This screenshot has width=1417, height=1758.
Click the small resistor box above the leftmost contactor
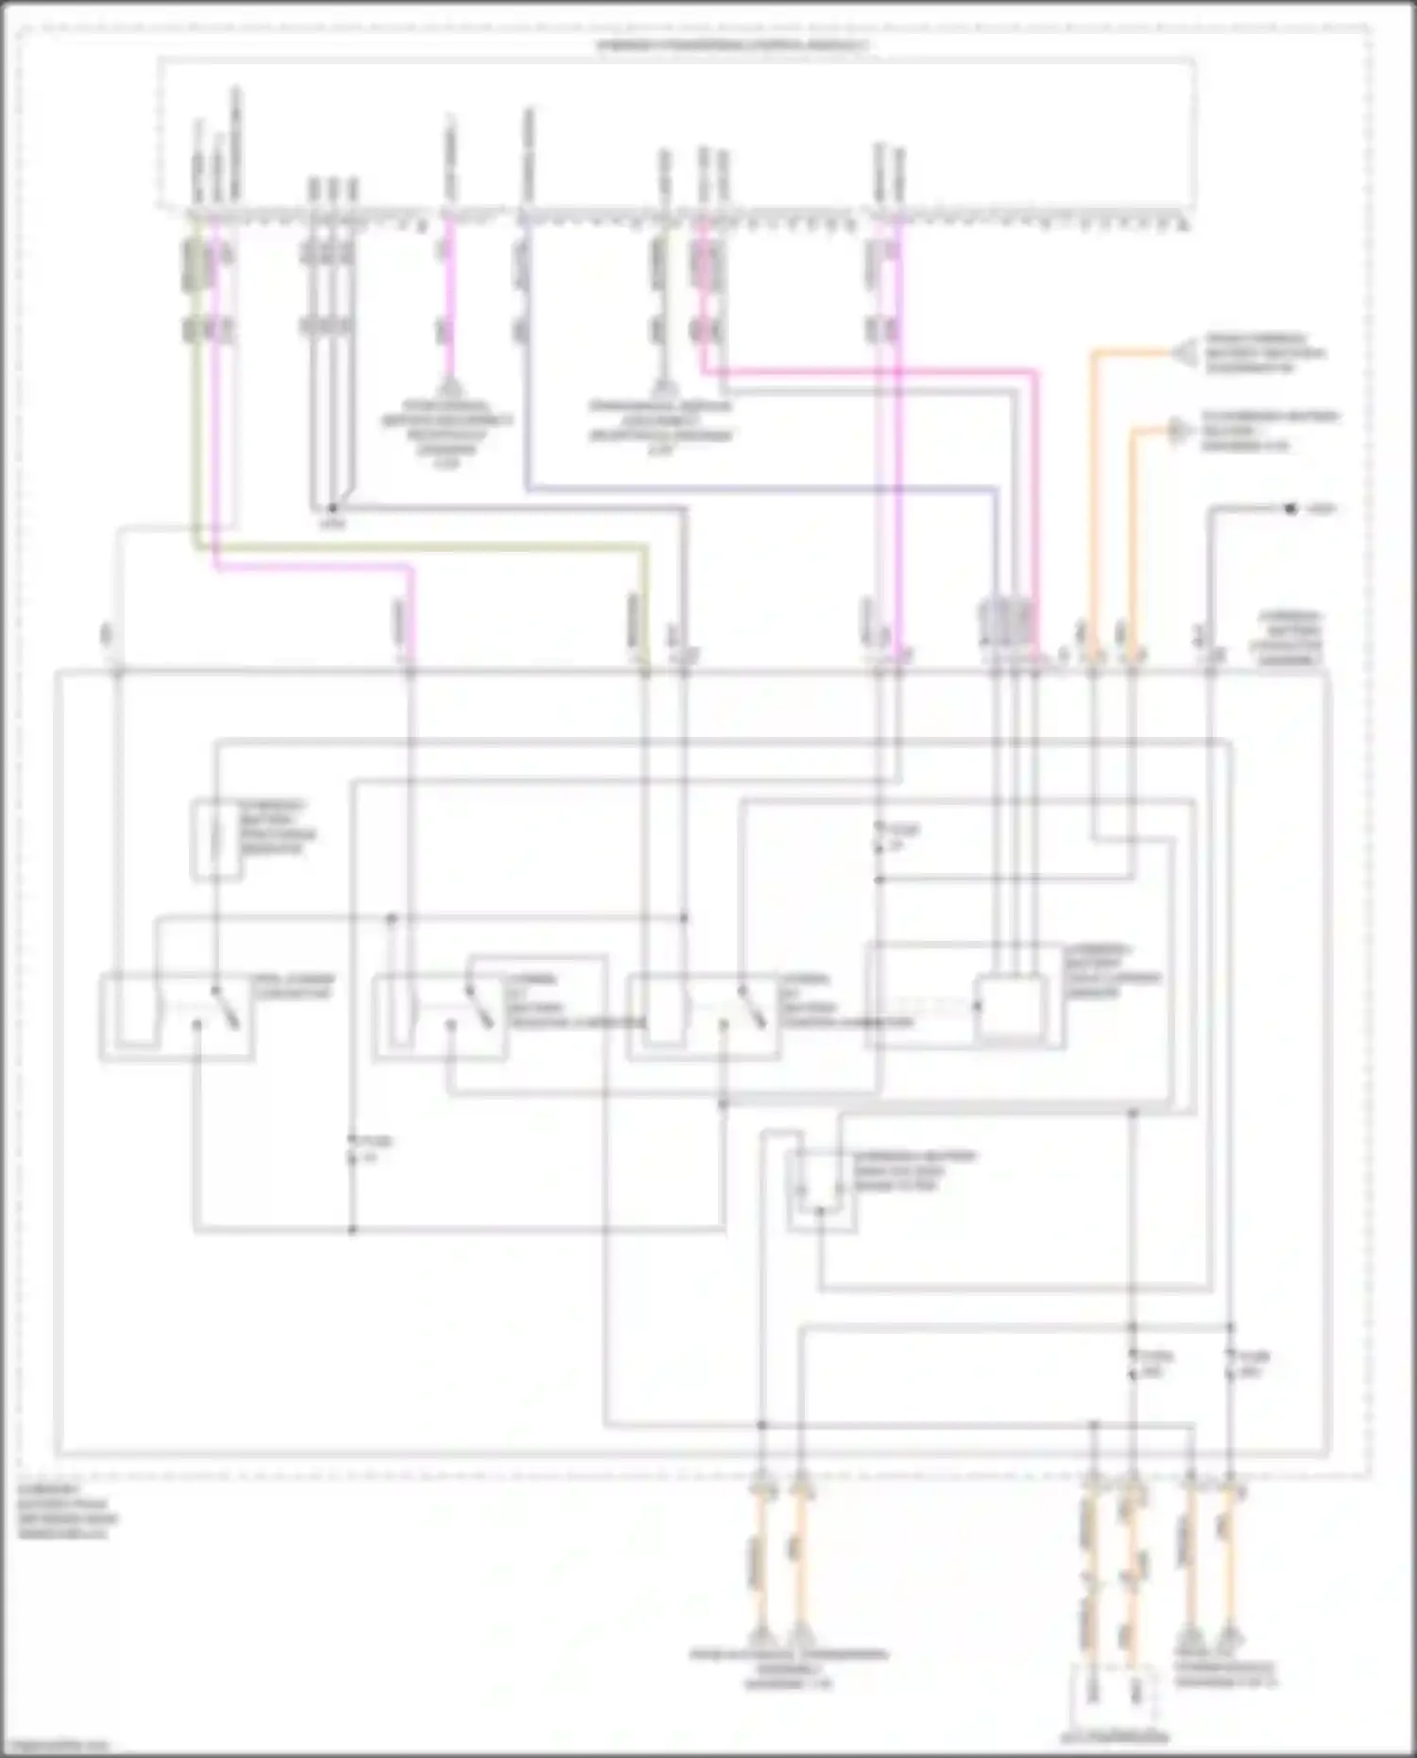[216, 840]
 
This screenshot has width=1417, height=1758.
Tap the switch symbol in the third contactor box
[751, 1008]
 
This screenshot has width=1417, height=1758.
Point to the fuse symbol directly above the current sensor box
[879, 838]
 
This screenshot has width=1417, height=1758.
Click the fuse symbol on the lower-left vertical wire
[352, 1150]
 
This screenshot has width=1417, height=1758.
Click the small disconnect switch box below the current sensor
[821, 1190]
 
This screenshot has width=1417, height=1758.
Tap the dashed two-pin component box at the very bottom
[1114, 1698]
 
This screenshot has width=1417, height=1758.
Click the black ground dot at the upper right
[1289, 509]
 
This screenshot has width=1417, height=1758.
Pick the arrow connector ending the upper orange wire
[1183, 353]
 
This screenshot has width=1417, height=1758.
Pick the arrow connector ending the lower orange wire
[1177, 431]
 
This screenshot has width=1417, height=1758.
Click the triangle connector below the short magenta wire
[449, 388]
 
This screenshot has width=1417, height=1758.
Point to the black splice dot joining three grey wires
[332, 508]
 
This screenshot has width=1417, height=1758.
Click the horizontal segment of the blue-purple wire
[756, 488]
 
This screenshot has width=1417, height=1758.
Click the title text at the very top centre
[732, 45]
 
